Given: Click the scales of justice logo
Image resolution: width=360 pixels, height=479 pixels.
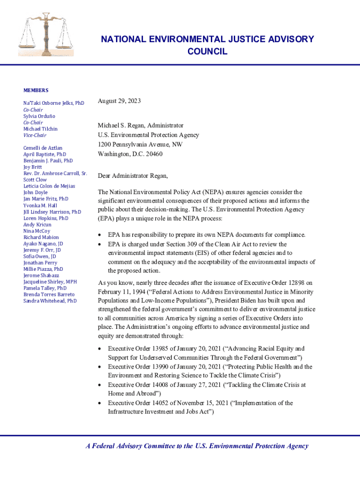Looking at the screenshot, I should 46,35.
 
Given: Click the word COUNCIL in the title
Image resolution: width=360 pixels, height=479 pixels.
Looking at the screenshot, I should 207,51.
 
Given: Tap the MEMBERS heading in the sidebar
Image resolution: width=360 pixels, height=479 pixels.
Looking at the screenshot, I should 36,90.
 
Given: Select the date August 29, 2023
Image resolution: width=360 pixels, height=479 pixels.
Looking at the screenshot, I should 119,101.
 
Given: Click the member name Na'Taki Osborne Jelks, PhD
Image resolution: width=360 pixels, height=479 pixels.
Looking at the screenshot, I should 54,103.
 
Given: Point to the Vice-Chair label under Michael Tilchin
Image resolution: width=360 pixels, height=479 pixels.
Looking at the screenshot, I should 35,135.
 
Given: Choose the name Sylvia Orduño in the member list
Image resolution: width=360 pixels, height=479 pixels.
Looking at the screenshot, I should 39,116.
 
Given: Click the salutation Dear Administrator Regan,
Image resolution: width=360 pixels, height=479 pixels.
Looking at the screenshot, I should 132,176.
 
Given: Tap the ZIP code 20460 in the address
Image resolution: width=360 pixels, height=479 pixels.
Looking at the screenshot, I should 154,154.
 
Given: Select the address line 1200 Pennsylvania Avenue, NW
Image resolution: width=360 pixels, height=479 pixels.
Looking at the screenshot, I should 140,145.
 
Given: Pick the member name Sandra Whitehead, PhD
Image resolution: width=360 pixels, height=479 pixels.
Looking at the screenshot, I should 50,301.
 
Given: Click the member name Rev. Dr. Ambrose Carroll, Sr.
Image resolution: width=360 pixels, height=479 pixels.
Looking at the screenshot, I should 55,174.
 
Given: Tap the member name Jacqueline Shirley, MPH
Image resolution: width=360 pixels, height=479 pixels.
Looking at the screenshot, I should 50,282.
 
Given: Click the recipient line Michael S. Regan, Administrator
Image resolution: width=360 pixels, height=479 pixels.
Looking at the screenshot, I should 140,126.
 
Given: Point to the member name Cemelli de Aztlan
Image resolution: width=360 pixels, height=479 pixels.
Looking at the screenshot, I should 43,148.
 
